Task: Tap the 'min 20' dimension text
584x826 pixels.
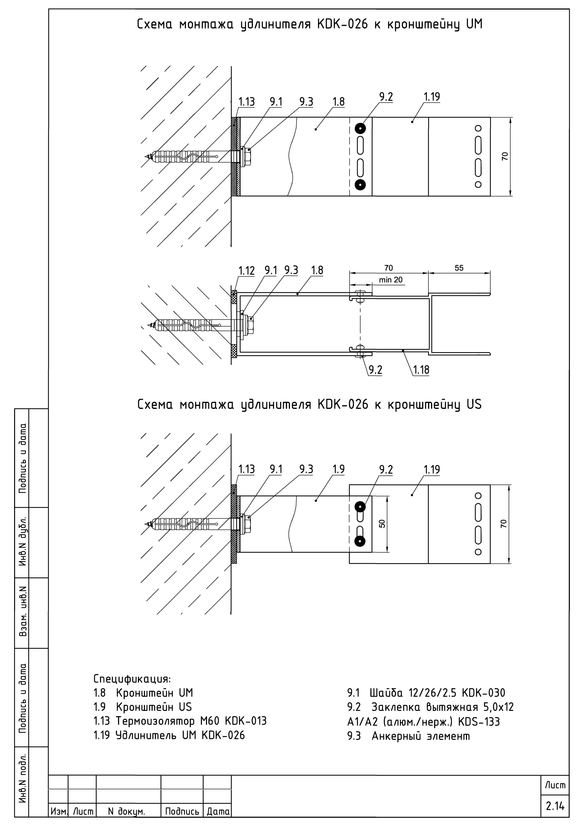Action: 391,280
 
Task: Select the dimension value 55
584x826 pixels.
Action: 459,268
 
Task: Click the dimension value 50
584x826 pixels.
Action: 382,524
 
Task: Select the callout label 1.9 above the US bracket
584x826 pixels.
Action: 338,469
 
